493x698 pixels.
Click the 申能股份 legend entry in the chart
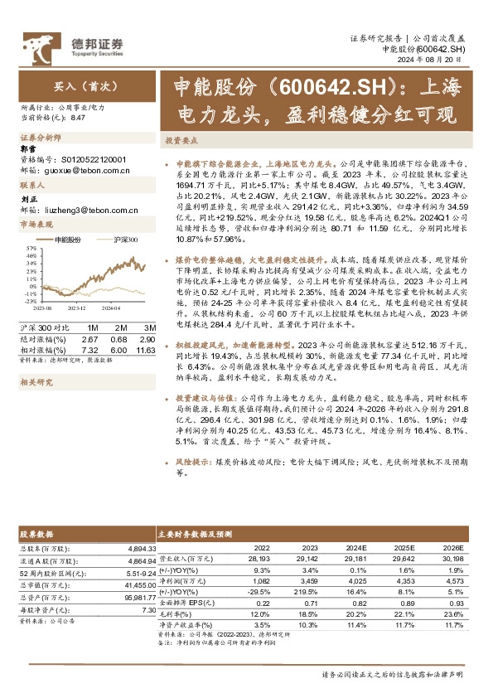[67, 239]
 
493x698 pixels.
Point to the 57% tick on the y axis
[30, 247]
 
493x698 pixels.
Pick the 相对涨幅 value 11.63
[146, 337]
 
